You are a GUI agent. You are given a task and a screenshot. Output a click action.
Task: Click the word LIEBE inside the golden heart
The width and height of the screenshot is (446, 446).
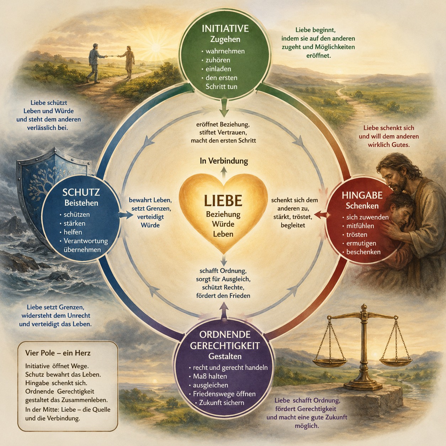click(223, 201)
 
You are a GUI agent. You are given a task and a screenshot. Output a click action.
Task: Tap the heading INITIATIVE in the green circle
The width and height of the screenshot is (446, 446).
click(225, 28)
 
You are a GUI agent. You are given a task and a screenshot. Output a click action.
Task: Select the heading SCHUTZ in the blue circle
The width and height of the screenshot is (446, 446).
click(81, 192)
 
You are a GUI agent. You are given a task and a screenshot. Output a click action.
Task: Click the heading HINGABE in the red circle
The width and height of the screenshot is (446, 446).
click(362, 195)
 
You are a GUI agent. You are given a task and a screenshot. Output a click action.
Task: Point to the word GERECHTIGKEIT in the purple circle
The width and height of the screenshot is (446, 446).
click(225, 346)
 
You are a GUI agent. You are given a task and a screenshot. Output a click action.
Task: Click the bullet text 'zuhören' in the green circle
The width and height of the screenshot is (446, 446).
click(218, 60)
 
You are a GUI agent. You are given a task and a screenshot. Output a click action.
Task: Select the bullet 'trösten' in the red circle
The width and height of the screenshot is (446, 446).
click(357, 234)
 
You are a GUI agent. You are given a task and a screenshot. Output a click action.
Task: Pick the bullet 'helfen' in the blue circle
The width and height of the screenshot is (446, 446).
click(73, 232)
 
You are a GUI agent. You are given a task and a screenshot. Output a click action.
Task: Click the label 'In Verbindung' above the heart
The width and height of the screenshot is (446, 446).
click(224, 161)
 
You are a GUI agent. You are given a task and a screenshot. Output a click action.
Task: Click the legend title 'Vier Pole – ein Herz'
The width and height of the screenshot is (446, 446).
click(58, 353)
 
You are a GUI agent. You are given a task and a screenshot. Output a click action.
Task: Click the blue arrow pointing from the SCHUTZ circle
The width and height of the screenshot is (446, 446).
click(126, 215)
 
